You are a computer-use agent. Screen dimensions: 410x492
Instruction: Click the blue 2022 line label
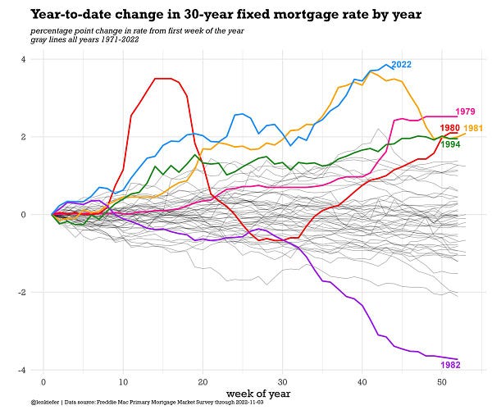coord(401,65)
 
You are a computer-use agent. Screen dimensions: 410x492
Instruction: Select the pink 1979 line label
coord(465,111)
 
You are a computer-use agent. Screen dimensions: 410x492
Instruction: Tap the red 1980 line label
coord(449,128)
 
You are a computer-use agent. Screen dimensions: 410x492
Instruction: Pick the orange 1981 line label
coord(473,128)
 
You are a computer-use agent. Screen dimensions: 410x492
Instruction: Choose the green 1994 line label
coord(450,144)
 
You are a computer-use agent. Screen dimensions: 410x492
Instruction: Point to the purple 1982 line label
coord(450,364)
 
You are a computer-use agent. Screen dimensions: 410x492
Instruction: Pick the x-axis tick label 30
coord(282,382)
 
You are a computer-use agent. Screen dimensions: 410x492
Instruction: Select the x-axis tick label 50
coord(441,382)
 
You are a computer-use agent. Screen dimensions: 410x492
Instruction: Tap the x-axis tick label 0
coord(43,382)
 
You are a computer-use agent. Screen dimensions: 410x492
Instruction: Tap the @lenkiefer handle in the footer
coord(48,403)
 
